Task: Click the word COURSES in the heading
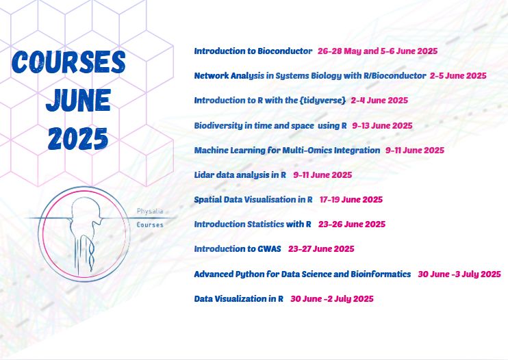tap(68, 62)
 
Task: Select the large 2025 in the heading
tap(78, 138)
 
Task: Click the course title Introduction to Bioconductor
tap(253, 51)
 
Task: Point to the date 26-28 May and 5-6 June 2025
tap(377, 51)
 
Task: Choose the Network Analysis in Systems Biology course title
tap(310, 76)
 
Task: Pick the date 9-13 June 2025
tap(382, 126)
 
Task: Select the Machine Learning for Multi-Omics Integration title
tap(287, 150)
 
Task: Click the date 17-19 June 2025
tap(351, 199)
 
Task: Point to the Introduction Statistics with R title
tap(253, 224)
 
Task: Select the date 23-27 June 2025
tap(321, 249)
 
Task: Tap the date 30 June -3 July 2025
tap(459, 274)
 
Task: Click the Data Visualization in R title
tap(239, 298)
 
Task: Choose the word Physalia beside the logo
tap(150, 211)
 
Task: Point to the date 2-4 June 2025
tap(379, 101)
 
